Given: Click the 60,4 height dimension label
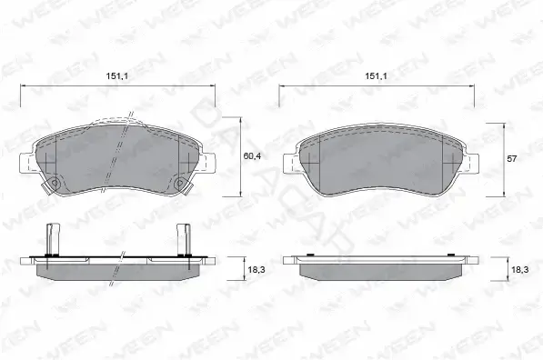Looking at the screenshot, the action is click(252, 156).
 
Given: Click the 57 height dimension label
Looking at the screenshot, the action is click(511, 159).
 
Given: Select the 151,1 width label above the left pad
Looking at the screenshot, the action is click(117, 75).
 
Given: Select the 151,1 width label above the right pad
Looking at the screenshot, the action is click(376, 75).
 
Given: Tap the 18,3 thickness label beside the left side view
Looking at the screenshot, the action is click(256, 269).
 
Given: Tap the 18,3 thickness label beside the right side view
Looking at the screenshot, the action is click(519, 269).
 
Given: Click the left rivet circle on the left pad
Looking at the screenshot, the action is click(54, 183).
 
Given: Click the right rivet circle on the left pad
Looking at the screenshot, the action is click(179, 183).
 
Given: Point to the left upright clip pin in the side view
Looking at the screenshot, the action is click(51, 239).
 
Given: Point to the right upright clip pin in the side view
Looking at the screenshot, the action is click(183, 239).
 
